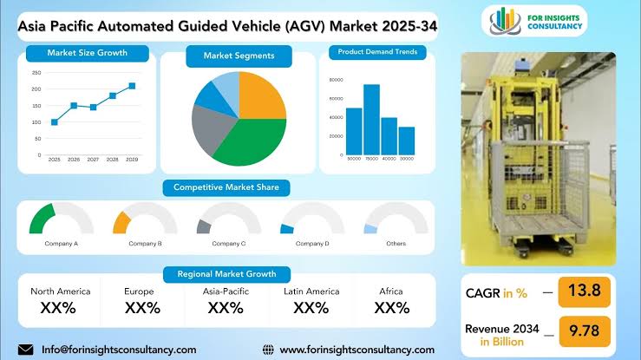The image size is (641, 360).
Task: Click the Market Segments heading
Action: [x=239, y=56]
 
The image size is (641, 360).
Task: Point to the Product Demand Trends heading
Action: [x=377, y=52]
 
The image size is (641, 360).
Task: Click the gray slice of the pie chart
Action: [x=208, y=130]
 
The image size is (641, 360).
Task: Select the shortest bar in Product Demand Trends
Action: [x=406, y=141]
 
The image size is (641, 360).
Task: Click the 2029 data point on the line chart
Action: [x=132, y=86]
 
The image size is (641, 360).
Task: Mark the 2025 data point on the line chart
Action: [x=55, y=122]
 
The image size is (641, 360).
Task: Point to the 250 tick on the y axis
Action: [x=36, y=72]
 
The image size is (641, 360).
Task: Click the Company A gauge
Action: [x=54, y=218]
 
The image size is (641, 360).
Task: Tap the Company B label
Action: [x=146, y=244]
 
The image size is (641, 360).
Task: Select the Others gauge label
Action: [x=396, y=244]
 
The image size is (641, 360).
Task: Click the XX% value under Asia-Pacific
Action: [x=226, y=308]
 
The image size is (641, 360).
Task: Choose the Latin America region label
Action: [x=310, y=291]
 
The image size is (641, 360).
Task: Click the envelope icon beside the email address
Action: [x=25, y=350]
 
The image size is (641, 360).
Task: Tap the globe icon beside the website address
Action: [x=269, y=350]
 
